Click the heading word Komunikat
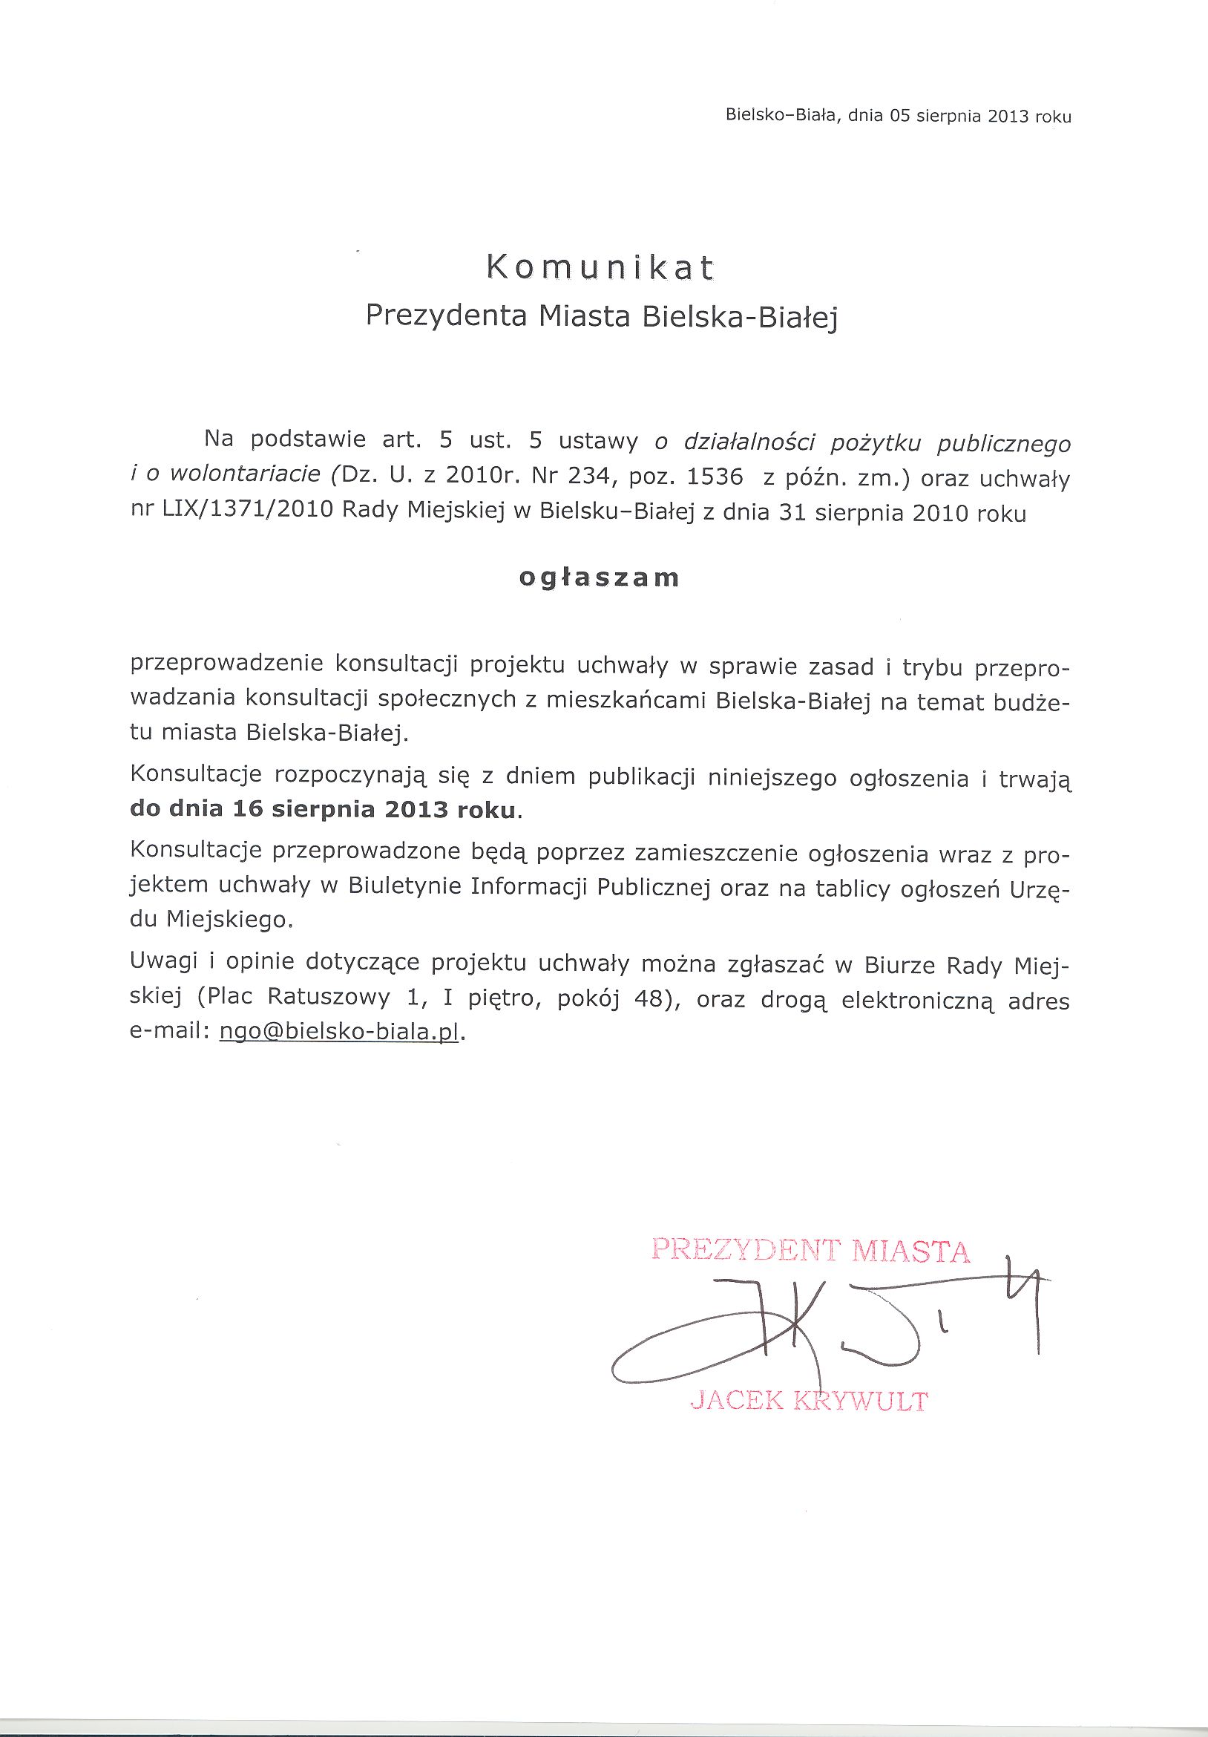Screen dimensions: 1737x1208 [599, 268]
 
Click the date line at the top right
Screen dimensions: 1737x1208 [898, 116]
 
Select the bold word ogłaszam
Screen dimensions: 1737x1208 [599, 578]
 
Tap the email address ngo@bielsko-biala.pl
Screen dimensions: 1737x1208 [339, 1033]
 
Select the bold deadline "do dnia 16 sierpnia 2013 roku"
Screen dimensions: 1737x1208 [325, 810]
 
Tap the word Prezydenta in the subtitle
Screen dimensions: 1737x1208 [445, 315]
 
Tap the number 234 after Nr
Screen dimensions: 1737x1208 [587, 478]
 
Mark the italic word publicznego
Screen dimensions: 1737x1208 [1004, 444]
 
